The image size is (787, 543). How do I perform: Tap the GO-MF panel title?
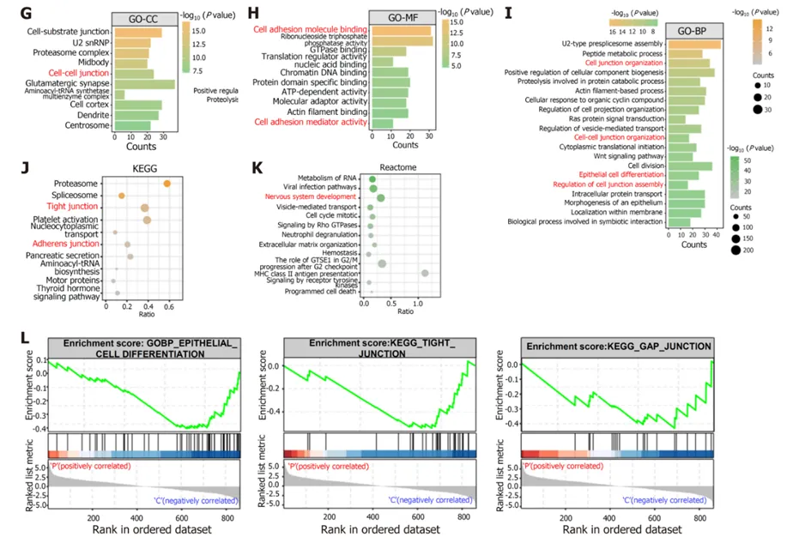click(402, 17)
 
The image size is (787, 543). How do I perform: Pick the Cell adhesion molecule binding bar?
click(401, 30)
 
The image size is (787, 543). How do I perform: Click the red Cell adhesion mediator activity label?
click(310, 124)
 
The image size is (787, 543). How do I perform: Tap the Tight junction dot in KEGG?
click(145, 208)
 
